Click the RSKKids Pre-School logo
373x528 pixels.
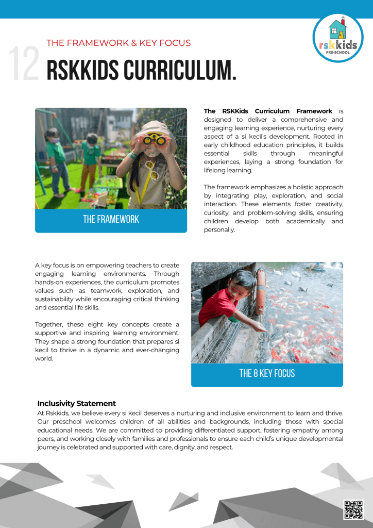click(338, 38)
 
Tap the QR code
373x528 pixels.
click(353, 509)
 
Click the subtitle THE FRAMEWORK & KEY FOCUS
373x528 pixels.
click(118, 43)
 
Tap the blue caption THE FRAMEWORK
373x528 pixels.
click(111, 219)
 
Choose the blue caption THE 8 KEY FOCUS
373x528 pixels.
click(267, 373)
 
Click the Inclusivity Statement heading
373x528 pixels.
click(76, 403)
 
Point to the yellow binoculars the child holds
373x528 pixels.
click(153, 139)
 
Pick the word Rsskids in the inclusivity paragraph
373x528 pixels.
click(57, 414)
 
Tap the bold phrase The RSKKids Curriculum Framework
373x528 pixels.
click(268, 111)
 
